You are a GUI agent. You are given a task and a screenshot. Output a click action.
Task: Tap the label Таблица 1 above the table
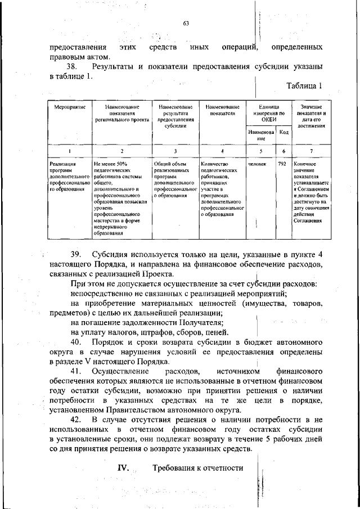point(304,87)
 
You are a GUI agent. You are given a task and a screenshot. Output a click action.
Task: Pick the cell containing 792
point(283,164)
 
